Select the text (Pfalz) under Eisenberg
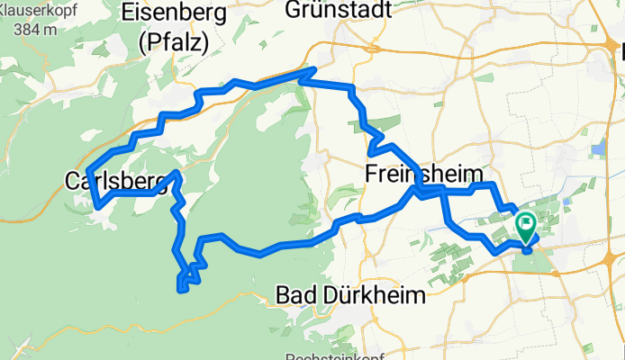175,41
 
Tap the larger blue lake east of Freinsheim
598,148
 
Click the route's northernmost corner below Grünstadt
313,68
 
